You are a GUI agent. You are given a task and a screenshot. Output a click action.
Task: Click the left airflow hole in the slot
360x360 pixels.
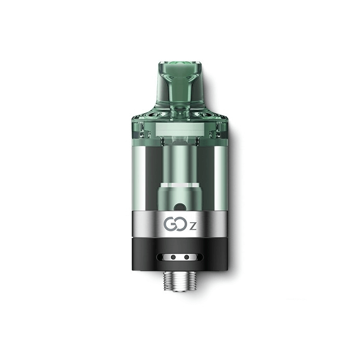(173, 256)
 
